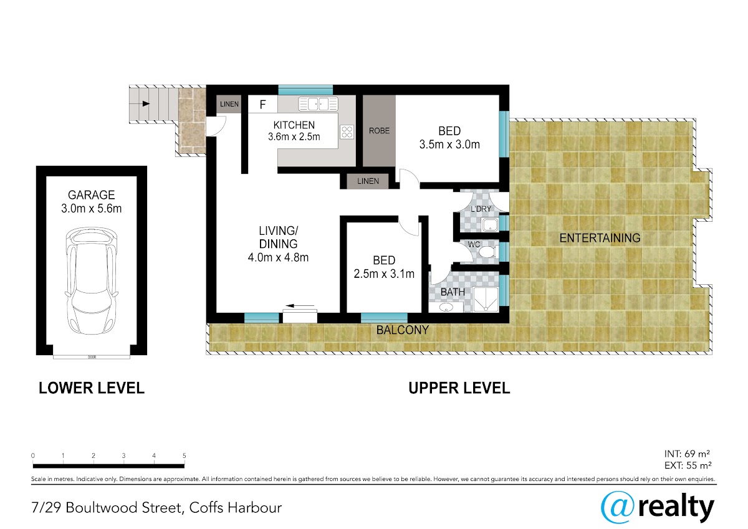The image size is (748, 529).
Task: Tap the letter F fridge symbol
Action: coord(263,105)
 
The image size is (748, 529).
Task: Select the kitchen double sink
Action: coord(318,104)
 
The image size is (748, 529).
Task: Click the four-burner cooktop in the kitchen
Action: coord(347,132)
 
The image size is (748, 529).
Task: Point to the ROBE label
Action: coord(379,131)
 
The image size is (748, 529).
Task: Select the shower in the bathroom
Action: coord(486,300)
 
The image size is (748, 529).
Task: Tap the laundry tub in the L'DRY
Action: coord(490,225)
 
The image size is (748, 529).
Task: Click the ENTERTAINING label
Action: coord(600,238)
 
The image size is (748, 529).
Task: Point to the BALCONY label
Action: coord(403,330)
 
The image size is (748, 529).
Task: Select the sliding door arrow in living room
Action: coord(300,305)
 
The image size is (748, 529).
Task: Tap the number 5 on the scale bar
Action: coord(185,455)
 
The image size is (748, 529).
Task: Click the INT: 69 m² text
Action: coord(687,454)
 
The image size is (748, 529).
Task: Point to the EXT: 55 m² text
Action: coord(688,465)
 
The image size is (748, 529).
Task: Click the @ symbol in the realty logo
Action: coord(617,507)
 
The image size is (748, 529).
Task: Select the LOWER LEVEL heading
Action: coord(92,388)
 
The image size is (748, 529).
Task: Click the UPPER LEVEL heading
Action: coord(459,388)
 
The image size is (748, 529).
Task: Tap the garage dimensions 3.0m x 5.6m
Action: coord(91,209)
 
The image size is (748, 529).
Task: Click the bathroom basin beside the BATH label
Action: coord(446,307)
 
